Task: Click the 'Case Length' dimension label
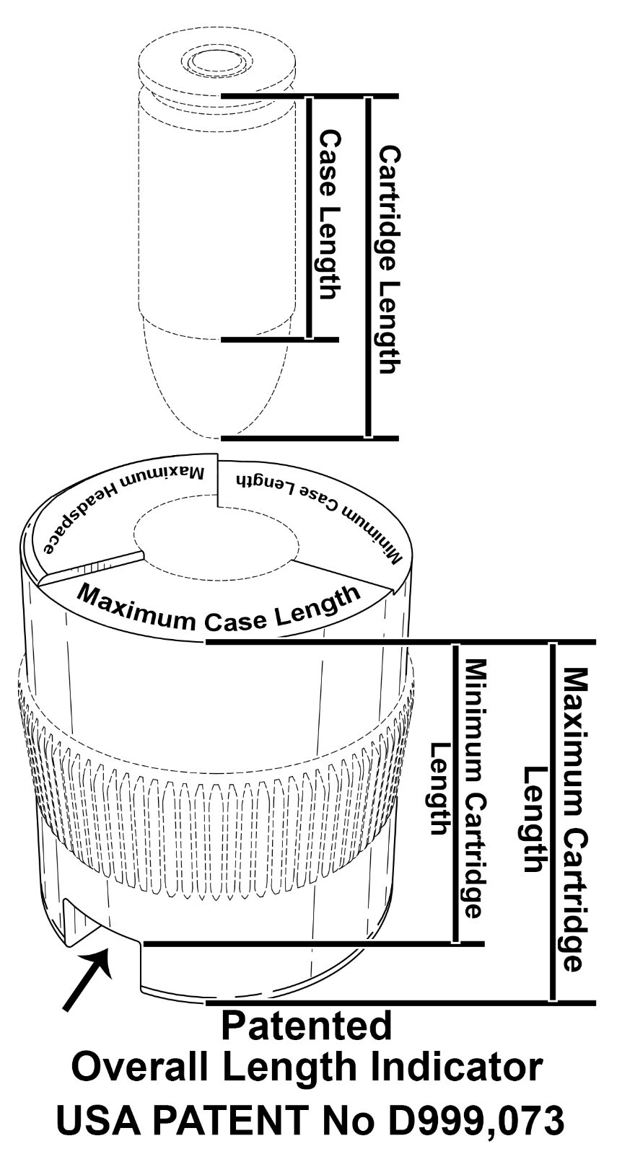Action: coord(329,214)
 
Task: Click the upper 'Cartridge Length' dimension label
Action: coord(390,260)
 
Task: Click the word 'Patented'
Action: coord(306,1026)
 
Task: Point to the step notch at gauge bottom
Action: coord(101,930)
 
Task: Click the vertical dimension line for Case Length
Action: coord(310,216)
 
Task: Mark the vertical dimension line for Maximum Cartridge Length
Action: coord(553,822)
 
